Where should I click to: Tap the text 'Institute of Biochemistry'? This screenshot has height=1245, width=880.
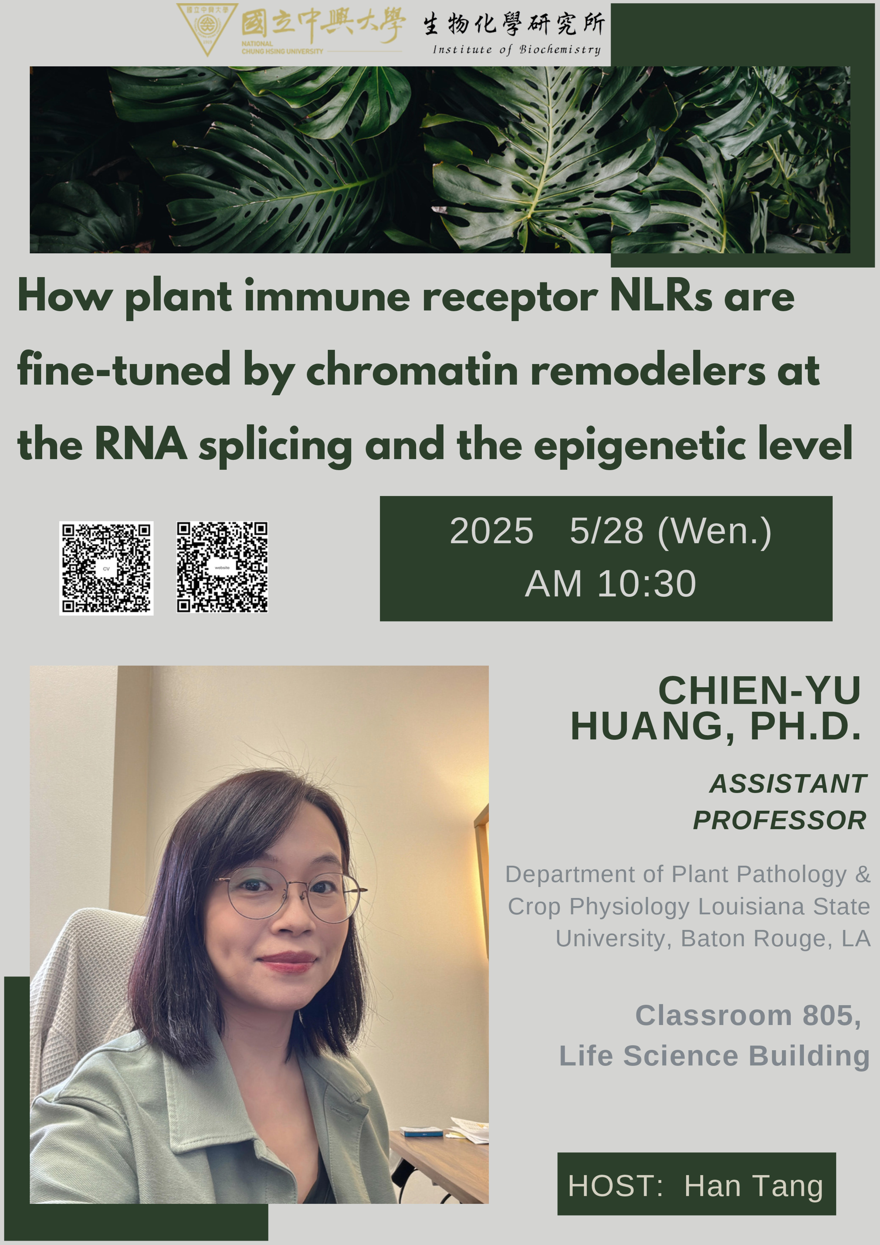pos(517,49)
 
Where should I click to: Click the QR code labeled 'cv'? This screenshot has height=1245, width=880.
pos(106,568)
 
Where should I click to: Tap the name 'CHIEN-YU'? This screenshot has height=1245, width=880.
pos(760,690)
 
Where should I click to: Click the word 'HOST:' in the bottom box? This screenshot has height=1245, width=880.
pos(615,1186)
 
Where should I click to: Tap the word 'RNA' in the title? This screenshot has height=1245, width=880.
pos(141,444)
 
